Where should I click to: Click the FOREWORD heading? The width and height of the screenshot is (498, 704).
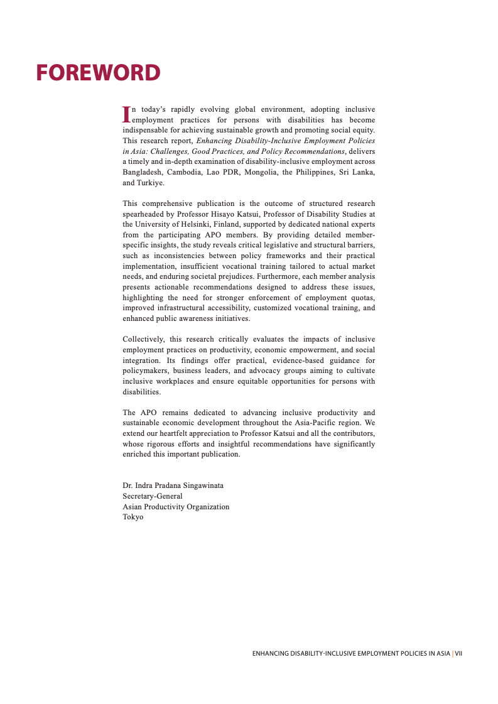tap(98, 73)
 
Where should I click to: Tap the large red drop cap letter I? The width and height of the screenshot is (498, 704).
tap(126, 114)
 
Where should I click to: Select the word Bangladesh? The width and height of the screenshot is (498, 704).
tap(143, 172)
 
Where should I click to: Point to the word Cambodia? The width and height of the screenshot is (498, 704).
tap(187, 172)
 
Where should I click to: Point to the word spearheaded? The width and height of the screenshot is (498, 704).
tap(143, 214)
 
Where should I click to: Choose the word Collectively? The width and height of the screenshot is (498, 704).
tap(143, 340)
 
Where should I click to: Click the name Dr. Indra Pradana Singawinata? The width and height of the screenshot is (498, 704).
tap(173, 485)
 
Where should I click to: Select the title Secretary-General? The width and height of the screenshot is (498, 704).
tap(153, 496)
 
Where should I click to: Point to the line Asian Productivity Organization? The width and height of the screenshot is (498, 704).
tap(176, 507)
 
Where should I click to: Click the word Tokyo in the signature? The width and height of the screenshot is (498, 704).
tap(133, 517)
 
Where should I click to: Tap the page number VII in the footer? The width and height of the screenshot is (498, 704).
tap(458, 654)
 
